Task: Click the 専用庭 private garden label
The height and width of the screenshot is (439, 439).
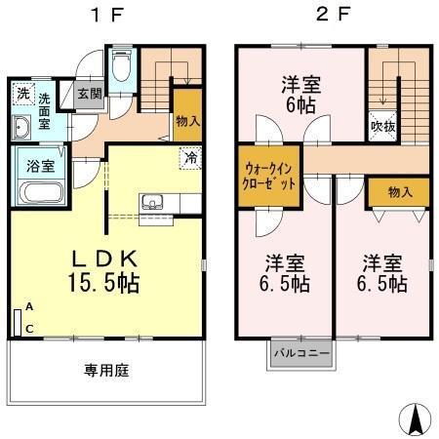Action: tap(106, 371)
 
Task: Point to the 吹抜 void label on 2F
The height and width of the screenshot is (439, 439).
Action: tap(382, 125)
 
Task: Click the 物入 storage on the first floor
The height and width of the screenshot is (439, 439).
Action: tap(187, 120)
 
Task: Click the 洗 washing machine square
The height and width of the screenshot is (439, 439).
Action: tap(22, 95)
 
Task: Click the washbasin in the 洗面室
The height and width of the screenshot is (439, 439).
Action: tap(22, 128)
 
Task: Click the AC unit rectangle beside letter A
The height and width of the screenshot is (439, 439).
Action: tap(19, 323)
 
